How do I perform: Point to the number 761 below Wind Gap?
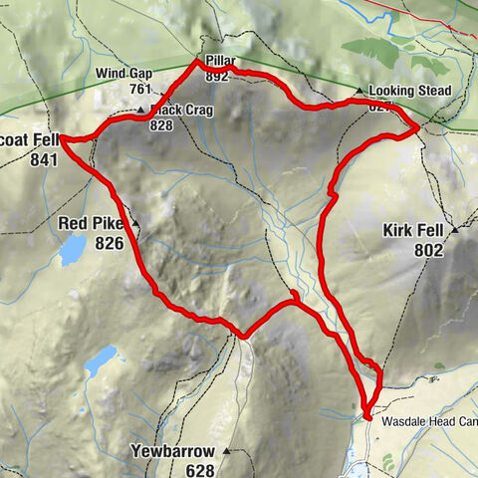(138, 89)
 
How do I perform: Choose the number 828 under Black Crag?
(162, 125)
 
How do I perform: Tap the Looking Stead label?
(411, 92)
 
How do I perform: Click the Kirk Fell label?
(412, 231)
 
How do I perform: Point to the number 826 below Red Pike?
(110, 242)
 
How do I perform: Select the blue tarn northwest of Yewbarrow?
(102, 360)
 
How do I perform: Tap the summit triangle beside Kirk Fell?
(455, 230)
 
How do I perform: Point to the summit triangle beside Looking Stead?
(359, 91)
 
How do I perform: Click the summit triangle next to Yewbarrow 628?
(226, 451)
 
